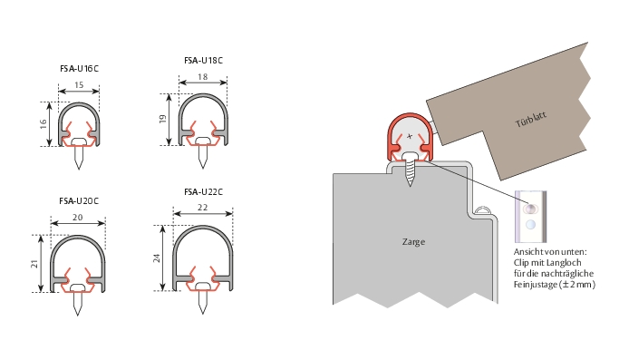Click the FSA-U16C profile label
[80, 68]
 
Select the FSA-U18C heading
[203, 61]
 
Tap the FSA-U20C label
[79, 200]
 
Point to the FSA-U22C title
[203, 192]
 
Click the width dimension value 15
[79, 85]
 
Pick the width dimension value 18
[202, 77]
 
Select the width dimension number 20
[78, 218]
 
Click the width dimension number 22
[202, 208]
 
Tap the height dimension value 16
[44, 123]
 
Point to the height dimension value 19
[162, 119]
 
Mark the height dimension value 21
[34, 264]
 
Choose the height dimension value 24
[157, 258]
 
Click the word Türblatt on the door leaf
[531, 120]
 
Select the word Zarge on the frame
[413, 241]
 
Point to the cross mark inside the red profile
[410, 136]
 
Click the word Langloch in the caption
[565, 263]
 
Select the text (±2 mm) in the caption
[577, 285]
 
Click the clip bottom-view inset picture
[531, 217]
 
